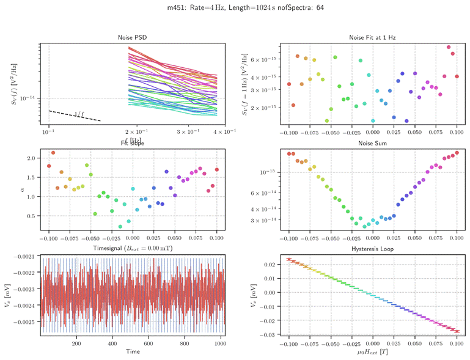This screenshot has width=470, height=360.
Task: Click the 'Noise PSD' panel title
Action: point(132,38)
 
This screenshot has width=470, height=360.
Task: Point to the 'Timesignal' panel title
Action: point(132,249)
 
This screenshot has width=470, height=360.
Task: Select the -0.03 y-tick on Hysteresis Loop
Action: point(267,334)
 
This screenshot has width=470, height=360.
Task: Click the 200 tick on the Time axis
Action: point(76,344)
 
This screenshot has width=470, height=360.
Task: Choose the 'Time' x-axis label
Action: point(132,352)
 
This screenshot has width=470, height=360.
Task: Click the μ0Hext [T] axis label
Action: point(372,353)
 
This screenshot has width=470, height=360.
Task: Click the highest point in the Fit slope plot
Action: point(53,153)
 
